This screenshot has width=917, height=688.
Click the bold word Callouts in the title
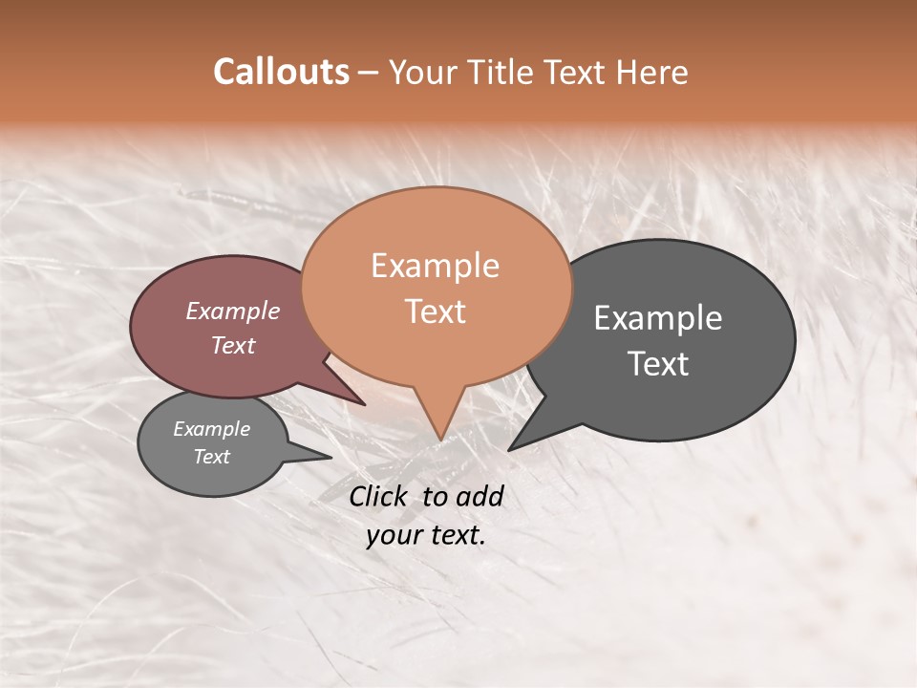pos(281,72)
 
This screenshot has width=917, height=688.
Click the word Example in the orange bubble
pos(435,266)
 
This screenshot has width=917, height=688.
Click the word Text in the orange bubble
pos(435,312)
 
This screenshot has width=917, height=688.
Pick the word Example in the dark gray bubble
pos(658,318)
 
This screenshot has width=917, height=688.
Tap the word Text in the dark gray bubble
pos(658,364)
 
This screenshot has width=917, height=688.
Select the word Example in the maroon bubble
pos(232,311)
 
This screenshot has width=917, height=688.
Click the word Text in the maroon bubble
pos(232,345)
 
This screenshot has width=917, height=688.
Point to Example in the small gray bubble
pos(211,429)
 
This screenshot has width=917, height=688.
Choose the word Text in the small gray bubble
pos(211,457)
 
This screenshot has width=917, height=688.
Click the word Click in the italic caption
pos(379,496)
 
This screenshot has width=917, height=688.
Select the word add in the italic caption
pos(479,496)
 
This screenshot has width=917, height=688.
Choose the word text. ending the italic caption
pos(456,535)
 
